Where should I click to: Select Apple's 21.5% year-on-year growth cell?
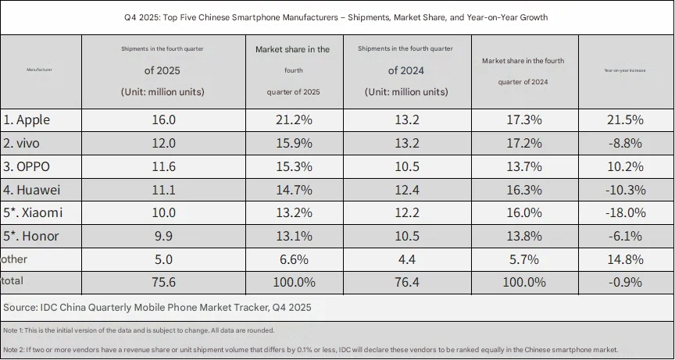[x=624, y=120]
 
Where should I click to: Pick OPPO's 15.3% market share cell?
[x=293, y=166]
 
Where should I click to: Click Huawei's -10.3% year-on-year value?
[x=624, y=189]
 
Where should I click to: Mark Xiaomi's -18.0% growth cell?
[x=624, y=212]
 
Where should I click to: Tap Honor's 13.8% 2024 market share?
[x=523, y=236]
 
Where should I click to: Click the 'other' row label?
[x=15, y=258]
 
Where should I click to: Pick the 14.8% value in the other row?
[x=624, y=258]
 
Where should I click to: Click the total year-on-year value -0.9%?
[x=624, y=281]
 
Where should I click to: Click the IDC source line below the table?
[x=157, y=308]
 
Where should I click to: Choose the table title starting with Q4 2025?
[x=336, y=17]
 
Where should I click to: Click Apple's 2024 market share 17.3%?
[x=523, y=120]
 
